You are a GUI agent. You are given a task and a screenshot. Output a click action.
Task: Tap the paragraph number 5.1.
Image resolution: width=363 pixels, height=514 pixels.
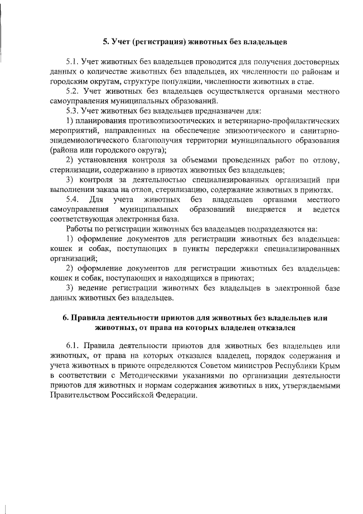(74, 61)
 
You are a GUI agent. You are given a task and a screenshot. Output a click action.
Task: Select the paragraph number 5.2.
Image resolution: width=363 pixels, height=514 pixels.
(74, 91)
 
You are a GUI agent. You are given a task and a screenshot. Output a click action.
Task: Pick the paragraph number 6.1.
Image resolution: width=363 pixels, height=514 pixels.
(74, 346)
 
